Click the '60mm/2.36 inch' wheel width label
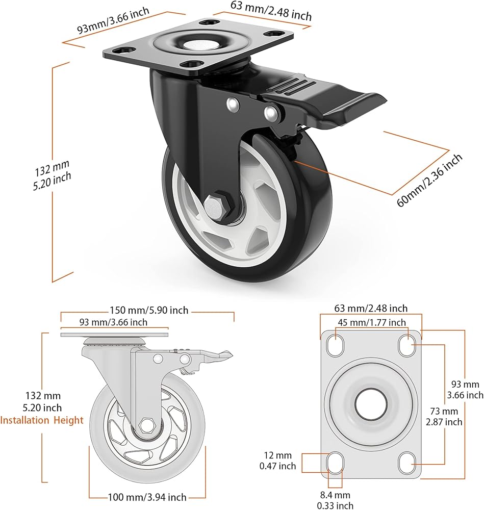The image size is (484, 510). point(430,178)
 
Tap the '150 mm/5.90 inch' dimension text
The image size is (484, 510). point(149,310)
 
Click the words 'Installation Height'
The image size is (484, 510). point(42,421)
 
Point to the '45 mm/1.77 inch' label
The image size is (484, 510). point(371,322)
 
